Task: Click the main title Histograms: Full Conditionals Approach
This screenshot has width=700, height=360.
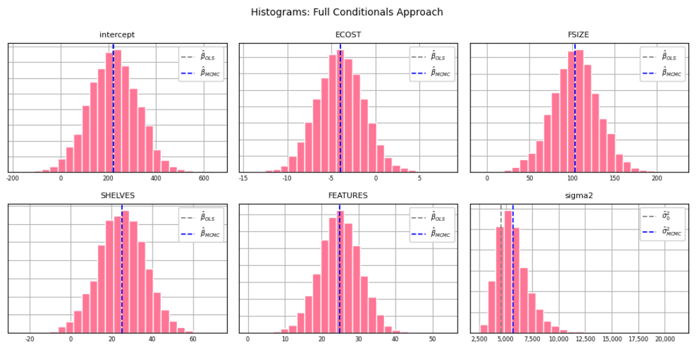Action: point(347,12)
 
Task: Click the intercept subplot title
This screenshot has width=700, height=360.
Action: point(117,35)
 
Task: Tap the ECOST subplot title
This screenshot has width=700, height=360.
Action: point(348,35)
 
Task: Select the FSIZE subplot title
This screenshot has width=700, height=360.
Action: point(579,35)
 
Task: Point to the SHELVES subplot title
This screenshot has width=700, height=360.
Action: point(117,195)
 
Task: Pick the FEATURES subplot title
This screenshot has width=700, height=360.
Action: point(348,195)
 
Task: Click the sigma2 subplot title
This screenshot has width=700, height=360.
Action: point(579,195)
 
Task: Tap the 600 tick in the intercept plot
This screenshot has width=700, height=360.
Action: point(204,178)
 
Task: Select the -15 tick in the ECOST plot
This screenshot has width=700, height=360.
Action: point(244,178)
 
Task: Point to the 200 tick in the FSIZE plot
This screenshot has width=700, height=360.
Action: point(656,178)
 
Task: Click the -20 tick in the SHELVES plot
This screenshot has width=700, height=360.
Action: point(29,339)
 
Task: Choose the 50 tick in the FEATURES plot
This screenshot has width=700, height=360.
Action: point(432,339)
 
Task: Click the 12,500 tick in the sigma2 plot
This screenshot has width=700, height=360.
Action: point(585,339)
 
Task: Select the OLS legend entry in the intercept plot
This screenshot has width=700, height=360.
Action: point(202,57)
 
